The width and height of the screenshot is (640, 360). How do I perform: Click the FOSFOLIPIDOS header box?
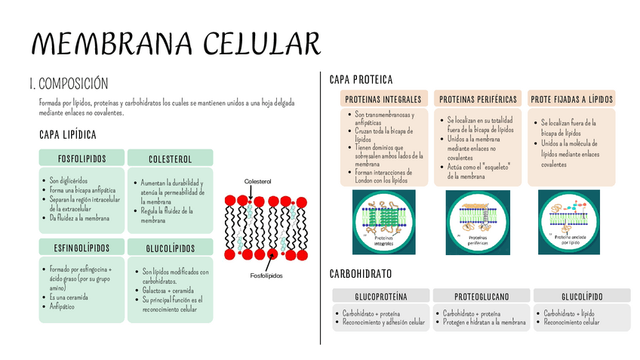82,158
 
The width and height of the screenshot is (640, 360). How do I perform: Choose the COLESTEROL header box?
170,158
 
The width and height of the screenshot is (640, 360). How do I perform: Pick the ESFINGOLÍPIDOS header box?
82,248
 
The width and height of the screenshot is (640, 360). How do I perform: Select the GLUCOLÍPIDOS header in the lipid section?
170,248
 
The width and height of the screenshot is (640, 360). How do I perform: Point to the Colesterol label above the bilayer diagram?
257,182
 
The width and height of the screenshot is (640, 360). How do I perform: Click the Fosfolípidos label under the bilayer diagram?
266,275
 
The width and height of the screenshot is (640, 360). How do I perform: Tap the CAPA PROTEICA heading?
362,79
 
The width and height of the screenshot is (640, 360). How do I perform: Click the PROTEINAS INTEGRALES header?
383,99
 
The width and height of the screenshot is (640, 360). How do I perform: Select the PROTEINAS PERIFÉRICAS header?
478,99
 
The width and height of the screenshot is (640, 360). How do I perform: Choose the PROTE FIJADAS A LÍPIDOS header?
571,99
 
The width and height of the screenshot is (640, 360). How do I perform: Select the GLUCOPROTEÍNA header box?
380,296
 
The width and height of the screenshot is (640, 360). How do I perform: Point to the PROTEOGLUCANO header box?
481,296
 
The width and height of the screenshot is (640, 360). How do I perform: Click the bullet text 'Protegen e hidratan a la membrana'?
484,322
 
